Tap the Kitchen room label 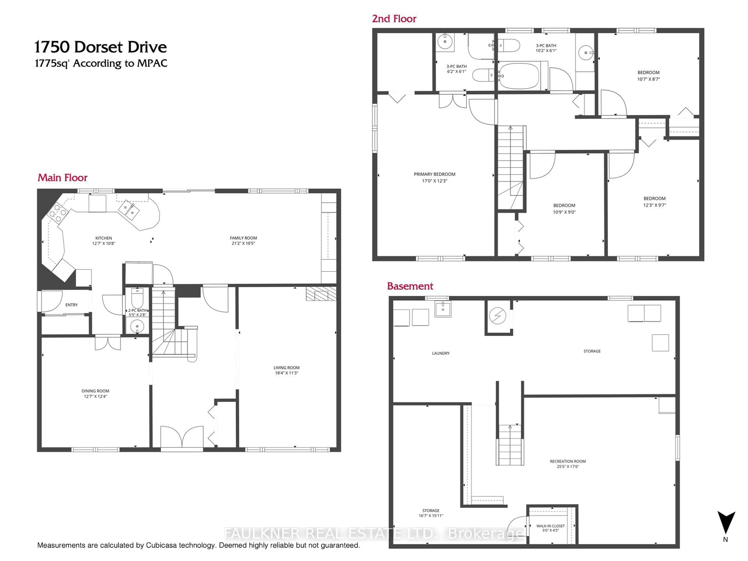click(103, 238)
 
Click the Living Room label click(286, 368)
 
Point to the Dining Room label click(95, 391)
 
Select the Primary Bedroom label click(435, 174)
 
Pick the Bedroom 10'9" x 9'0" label click(564, 206)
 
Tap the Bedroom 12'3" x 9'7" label click(654, 198)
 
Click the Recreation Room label click(568, 461)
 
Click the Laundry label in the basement click(441, 353)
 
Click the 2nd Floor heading click(394, 19)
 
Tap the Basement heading click(410, 286)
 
